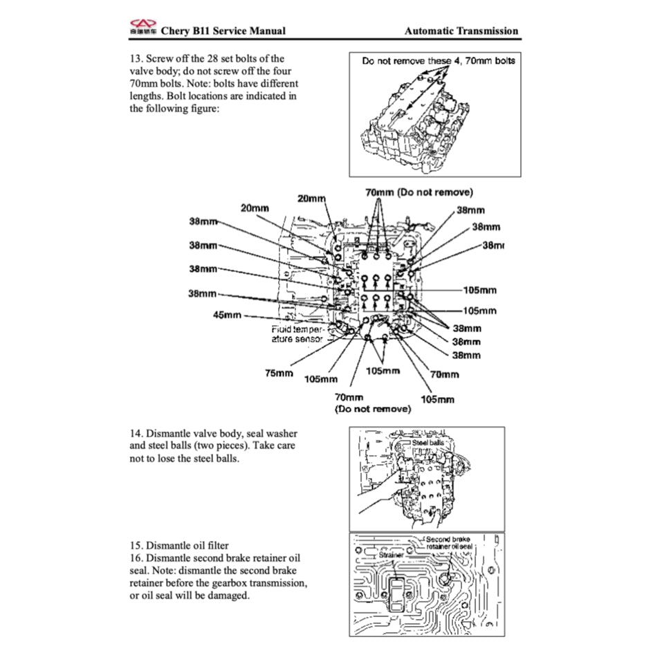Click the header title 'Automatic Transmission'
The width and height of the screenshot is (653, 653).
point(461,30)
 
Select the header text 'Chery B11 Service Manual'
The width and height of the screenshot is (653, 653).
point(223,30)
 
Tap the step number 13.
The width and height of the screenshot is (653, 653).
point(136,59)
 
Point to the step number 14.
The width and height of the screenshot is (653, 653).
point(136,433)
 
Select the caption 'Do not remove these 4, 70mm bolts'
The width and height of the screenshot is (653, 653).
point(439,61)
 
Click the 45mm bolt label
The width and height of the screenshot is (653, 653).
point(228,315)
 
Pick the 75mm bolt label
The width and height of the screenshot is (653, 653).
point(279,373)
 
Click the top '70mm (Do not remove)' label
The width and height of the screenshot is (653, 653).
point(419,192)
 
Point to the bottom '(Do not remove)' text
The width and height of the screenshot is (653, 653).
point(372,409)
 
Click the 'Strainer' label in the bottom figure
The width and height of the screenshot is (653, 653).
point(391,554)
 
